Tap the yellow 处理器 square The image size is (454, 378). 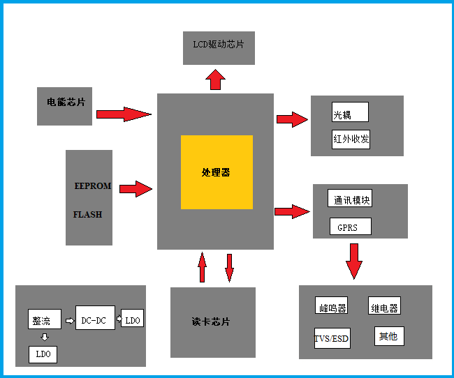[217, 172]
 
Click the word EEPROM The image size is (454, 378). [93, 186]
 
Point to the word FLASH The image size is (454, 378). [87, 215]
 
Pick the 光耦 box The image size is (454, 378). [350, 112]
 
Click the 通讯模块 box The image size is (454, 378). [350, 199]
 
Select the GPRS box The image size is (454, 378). [350, 227]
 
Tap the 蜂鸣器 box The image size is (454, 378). [331, 306]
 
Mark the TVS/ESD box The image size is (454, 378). [332, 338]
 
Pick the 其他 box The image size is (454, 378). [389, 335]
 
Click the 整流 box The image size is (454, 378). [44, 320]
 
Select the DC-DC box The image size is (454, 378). [95, 319]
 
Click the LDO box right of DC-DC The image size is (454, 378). [133, 319]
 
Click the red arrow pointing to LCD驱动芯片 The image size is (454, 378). [215, 79]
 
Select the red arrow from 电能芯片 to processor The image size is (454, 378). [124, 114]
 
